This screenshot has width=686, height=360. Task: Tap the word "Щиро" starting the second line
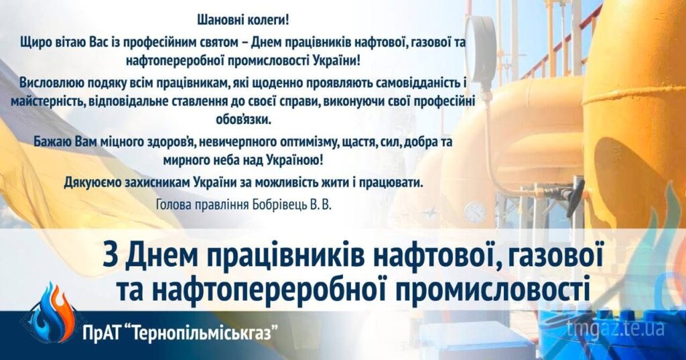pos(33,44)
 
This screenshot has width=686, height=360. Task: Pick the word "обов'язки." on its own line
pos(244,120)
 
